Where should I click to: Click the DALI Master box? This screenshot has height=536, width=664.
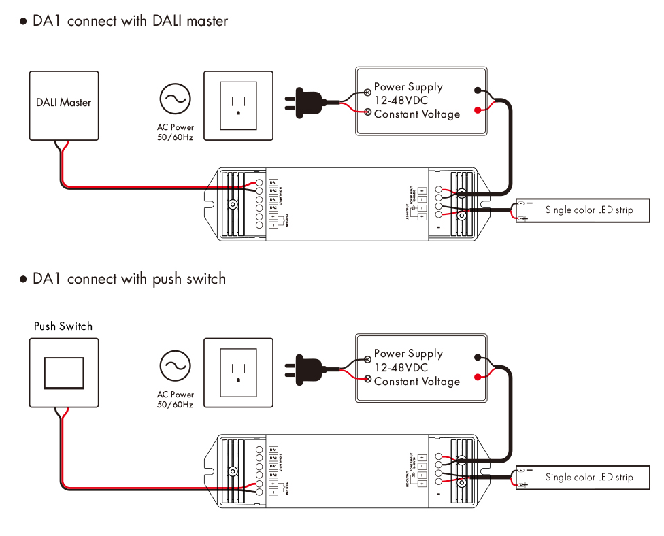pos(63,105)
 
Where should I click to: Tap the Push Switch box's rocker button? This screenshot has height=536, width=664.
pos(64,373)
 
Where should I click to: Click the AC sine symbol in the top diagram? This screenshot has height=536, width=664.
pos(175,99)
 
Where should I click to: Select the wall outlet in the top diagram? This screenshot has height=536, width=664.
pos(238,105)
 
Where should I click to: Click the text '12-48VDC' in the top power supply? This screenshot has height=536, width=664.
pos(401,101)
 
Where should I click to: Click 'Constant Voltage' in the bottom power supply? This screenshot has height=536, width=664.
pos(417,382)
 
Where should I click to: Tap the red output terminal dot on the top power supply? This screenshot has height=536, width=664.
pos(478,110)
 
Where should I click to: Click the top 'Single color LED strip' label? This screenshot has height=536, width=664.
pos(588,210)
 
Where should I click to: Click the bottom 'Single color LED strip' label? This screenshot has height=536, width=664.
pos(588,478)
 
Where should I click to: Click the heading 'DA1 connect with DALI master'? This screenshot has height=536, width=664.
pos(130,21)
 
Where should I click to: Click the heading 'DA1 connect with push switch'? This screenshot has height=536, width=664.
pos(129,279)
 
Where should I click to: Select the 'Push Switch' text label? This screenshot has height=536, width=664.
pos(63,326)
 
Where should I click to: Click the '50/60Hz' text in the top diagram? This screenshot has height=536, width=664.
pos(175,137)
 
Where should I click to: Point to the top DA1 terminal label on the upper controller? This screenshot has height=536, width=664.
pos(273,182)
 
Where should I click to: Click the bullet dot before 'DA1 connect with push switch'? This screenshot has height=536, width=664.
pos(23,280)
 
